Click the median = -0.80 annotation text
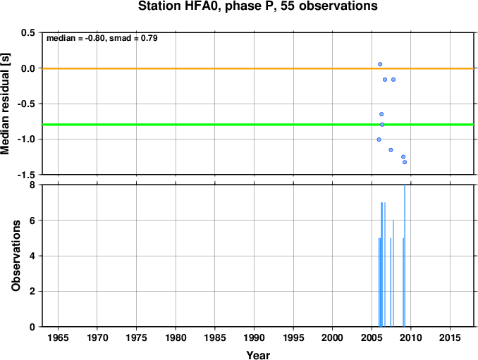(x=75, y=38)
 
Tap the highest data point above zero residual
(x=380, y=64)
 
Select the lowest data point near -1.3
(x=405, y=162)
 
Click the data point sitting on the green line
(x=382, y=125)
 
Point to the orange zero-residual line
(x=258, y=68)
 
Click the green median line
(x=258, y=125)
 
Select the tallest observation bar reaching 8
(x=405, y=256)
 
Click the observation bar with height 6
(x=393, y=273)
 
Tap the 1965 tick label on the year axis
(x=58, y=337)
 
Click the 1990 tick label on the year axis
(x=255, y=337)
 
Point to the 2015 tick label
(x=451, y=337)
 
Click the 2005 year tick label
(x=372, y=337)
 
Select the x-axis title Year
(x=258, y=355)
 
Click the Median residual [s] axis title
(x=5, y=104)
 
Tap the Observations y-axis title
(x=16, y=256)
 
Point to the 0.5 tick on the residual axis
(x=28, y=32)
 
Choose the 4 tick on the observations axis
(x=32, y=256)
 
